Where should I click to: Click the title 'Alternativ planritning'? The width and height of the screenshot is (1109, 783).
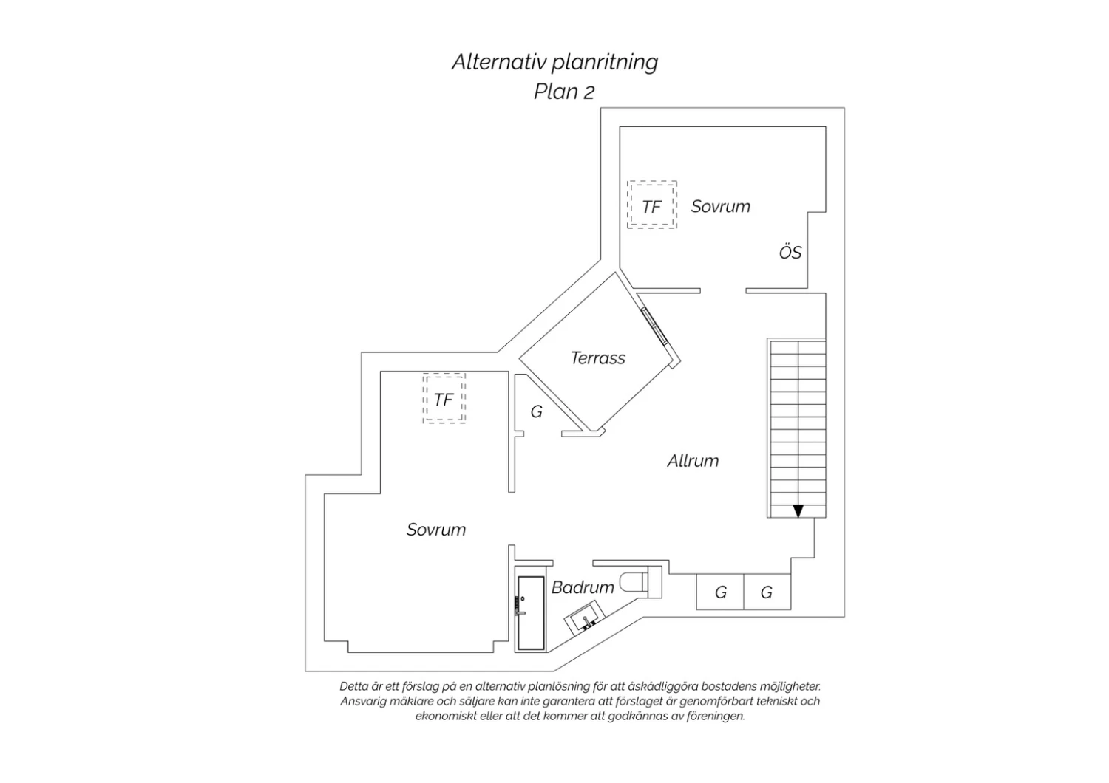pyautogui.click(x=554, y=63)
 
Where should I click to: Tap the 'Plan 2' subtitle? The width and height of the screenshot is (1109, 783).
pyautogui.click(x=564, y=92)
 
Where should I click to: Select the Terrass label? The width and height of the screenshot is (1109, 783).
pyautogui.click(x=597, y=358)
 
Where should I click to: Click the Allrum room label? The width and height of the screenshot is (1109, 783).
pyautogui.click(x=693, y=460)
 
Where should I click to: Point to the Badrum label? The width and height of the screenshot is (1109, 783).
pyautogui.click(x=583, y=587)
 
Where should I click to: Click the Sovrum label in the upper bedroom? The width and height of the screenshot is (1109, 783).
pyautogui.click(x=720, y=206)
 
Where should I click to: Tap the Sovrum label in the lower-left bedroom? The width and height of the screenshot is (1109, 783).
pyautogui.click(x=436, y=530)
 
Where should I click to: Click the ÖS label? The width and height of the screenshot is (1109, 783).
pyautogui.click(x=790, y=252)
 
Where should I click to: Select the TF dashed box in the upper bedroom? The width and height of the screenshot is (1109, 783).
pyautogui.click(x=651, y=205)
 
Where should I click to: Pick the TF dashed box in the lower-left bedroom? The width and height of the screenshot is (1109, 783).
pyautogui.click(x=444, y=399)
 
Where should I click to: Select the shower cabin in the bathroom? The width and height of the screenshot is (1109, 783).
pyautogui.click(x=531, y=613)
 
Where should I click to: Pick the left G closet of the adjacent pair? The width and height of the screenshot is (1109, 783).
pyautogui.click(x=720, y=592)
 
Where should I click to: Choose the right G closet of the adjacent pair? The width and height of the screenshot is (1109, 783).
pyautogui.click(x=767, y=592)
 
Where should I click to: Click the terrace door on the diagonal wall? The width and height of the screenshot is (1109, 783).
pyautogui.click(x=654, y=326)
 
